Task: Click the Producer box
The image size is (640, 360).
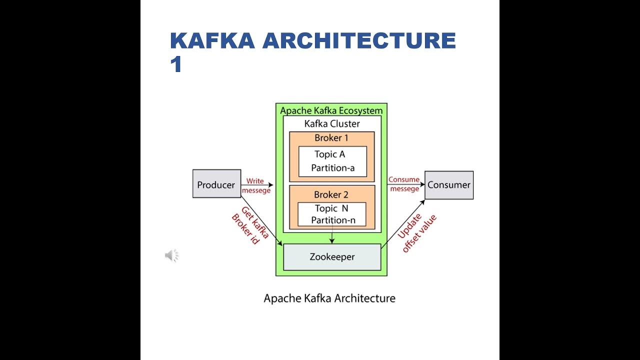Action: click(x=216, y=184)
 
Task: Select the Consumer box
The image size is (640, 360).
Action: click(x=448, y=185)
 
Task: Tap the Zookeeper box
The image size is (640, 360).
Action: click(x=332, y=257)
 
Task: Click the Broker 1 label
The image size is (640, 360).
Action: click(x=331, y=138)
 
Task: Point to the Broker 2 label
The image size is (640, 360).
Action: click(x=331, y=194)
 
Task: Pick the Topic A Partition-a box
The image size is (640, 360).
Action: click(x=332, y=161)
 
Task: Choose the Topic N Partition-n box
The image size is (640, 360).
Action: click(x=331, y=214)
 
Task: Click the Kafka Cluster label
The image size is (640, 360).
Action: click(x=332, y=123)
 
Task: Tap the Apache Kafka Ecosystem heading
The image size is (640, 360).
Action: click(x=331, y=110)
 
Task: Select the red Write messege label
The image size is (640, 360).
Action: click(x=256, y=185)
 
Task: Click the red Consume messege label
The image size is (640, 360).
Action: click(x=404, y=184)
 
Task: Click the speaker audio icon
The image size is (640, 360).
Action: click(x=171, y=256)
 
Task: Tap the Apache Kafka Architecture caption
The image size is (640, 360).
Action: click(x=329, y=298)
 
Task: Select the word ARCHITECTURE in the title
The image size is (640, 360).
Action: click(x=359, y=41)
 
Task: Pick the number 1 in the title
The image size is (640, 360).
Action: click(x=175, y=65)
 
